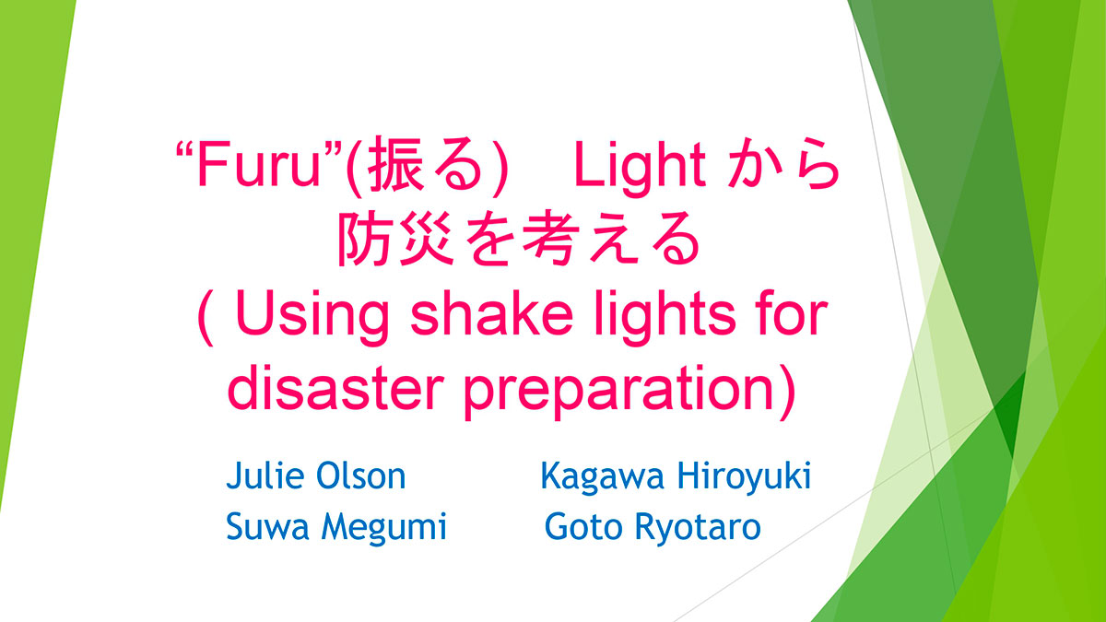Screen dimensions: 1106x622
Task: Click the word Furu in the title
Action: [x=259, y=164]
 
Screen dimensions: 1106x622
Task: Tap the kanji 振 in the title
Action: [x=396, y=163]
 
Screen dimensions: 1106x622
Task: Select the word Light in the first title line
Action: [x=640, y=168]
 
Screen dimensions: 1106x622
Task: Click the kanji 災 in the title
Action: [x=427, y=240]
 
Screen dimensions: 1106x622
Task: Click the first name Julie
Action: [x=265, y=475]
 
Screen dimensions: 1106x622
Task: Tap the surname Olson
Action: [x=361, y=475]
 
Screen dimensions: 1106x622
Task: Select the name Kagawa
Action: [x=603, y=477]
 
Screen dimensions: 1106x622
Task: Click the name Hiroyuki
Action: [x=744, y=477]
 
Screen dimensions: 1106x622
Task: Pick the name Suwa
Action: [x=267, y=526]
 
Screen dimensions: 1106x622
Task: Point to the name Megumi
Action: [x=384, y=528]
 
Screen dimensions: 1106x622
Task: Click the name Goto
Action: [x=584, y=526]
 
